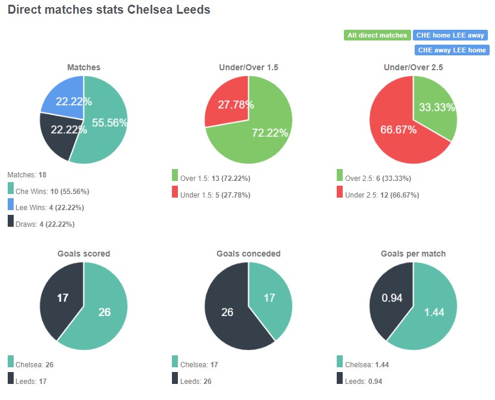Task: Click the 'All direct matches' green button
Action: pyautogui.click(x=377, y=35)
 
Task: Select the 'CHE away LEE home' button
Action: pyautogui.click(x=452, y=50)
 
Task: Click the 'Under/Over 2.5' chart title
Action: pyautogui.click(x=413, y=68)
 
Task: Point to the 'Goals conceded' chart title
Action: pyautogui.click(x=249, y=254)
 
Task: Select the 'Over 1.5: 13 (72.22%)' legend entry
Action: pyautogui.click(x=215, y=178)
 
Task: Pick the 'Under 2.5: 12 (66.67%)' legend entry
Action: pyautogui.click(x=382, y=195)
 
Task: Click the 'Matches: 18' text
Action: pyautogui.click(x=27, y=175)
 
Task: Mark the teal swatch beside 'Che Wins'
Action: pyautogui.click(x=11, y=189)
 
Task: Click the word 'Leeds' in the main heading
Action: pyautogui.click(x=190, y=10)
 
